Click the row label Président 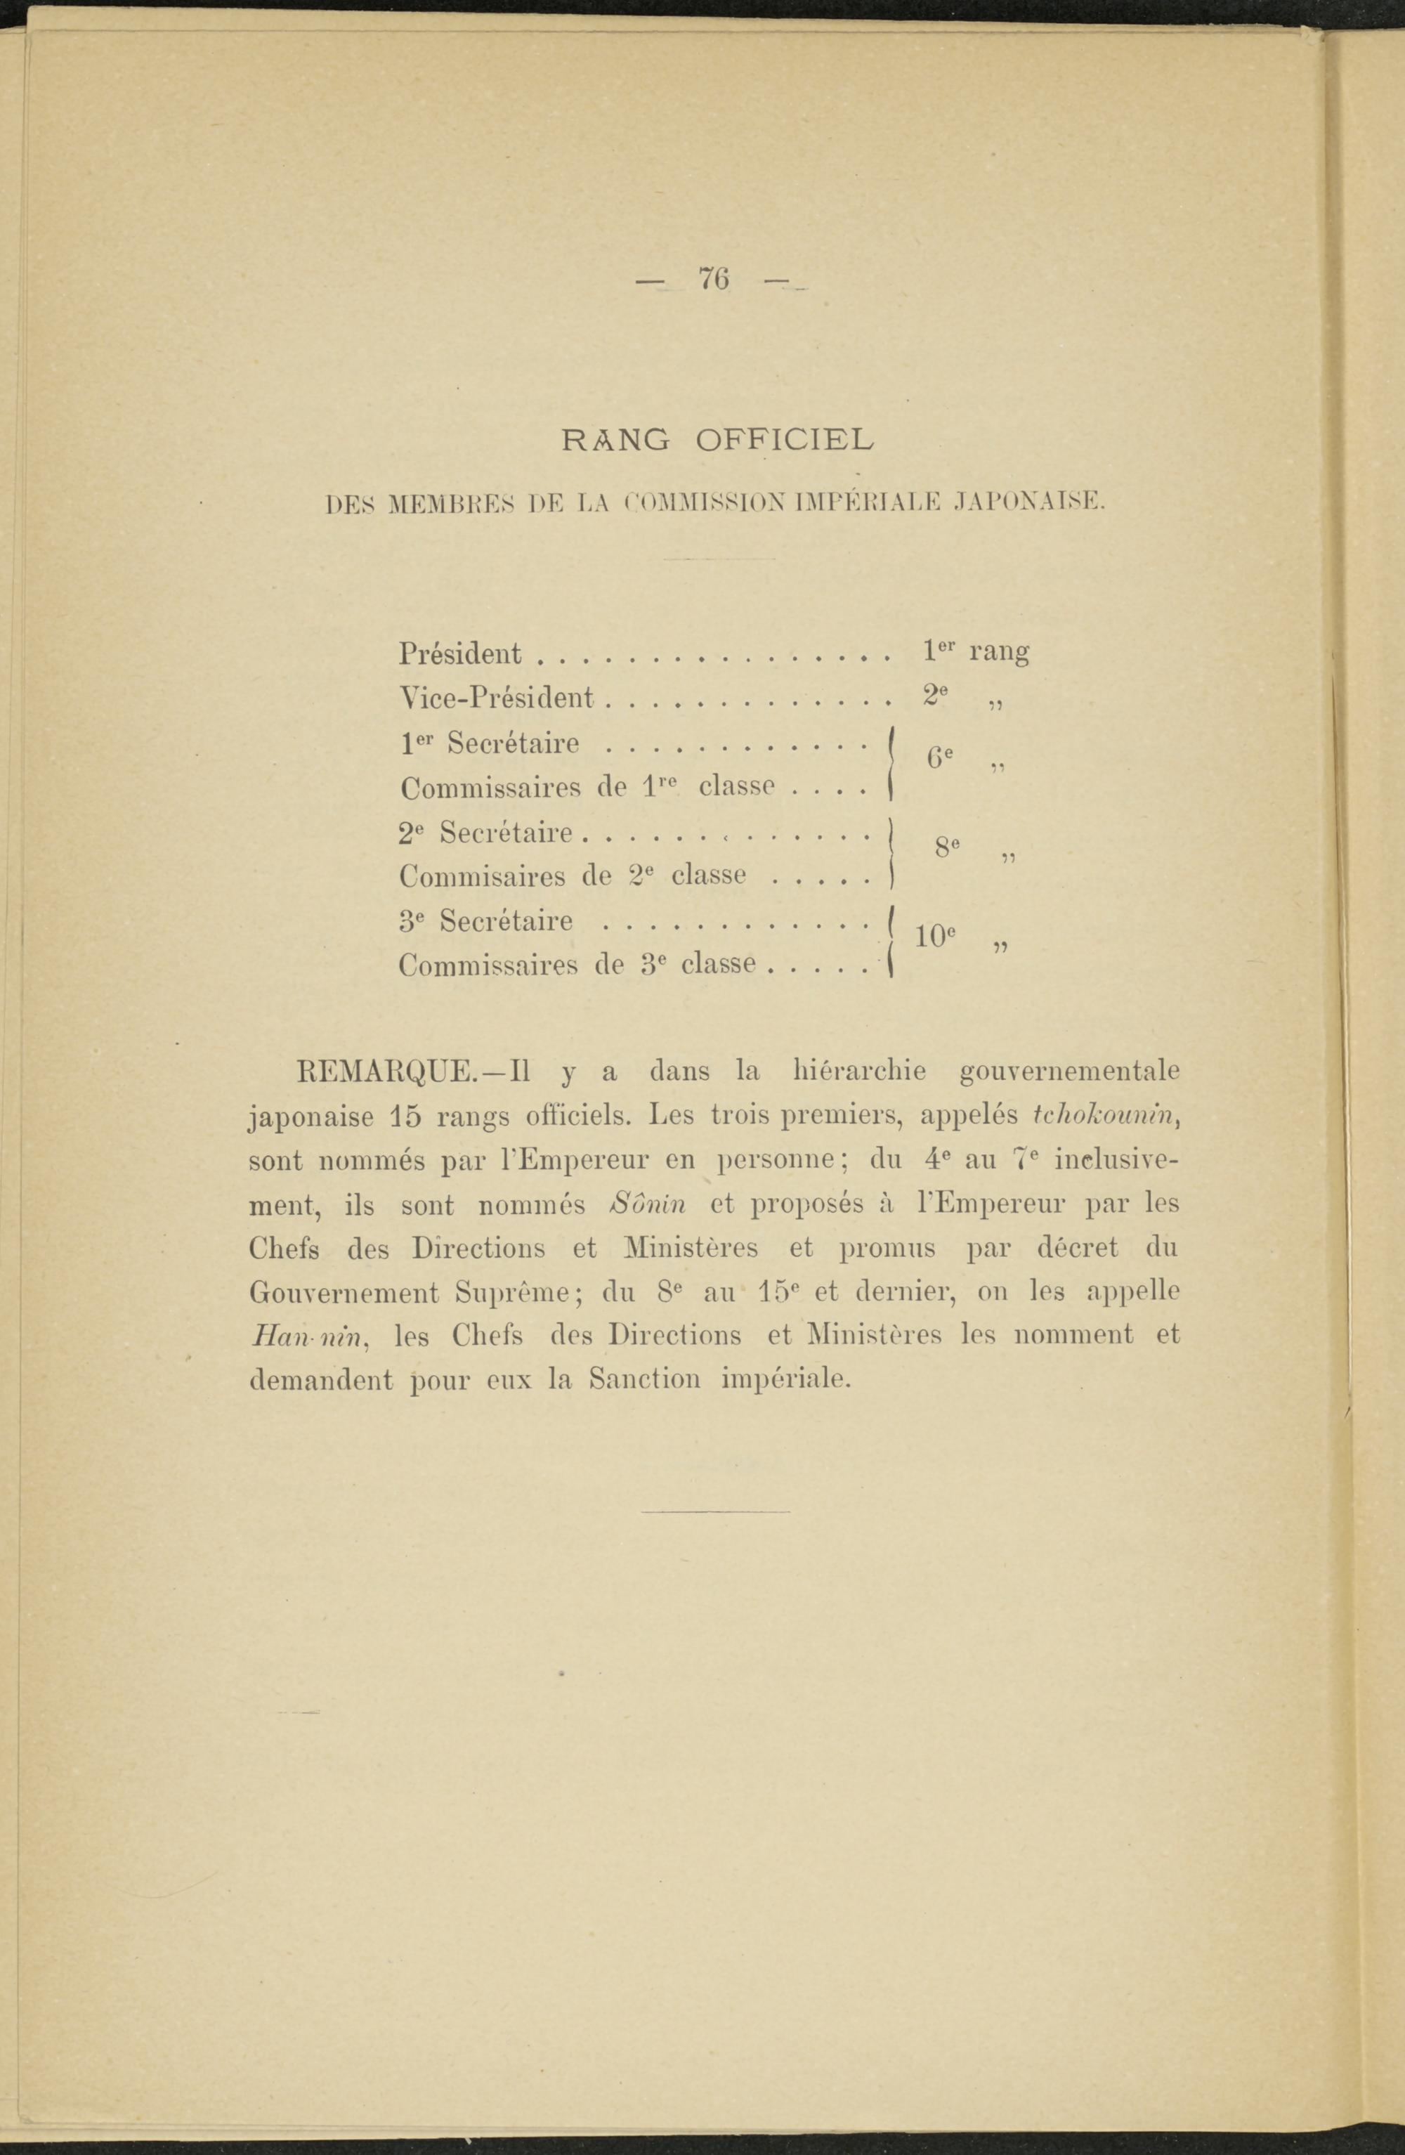[460, 653]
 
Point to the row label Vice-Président [496, 697]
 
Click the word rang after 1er [998, 653]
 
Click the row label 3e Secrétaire [486, 922]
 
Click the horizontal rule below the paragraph [714, 1511]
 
